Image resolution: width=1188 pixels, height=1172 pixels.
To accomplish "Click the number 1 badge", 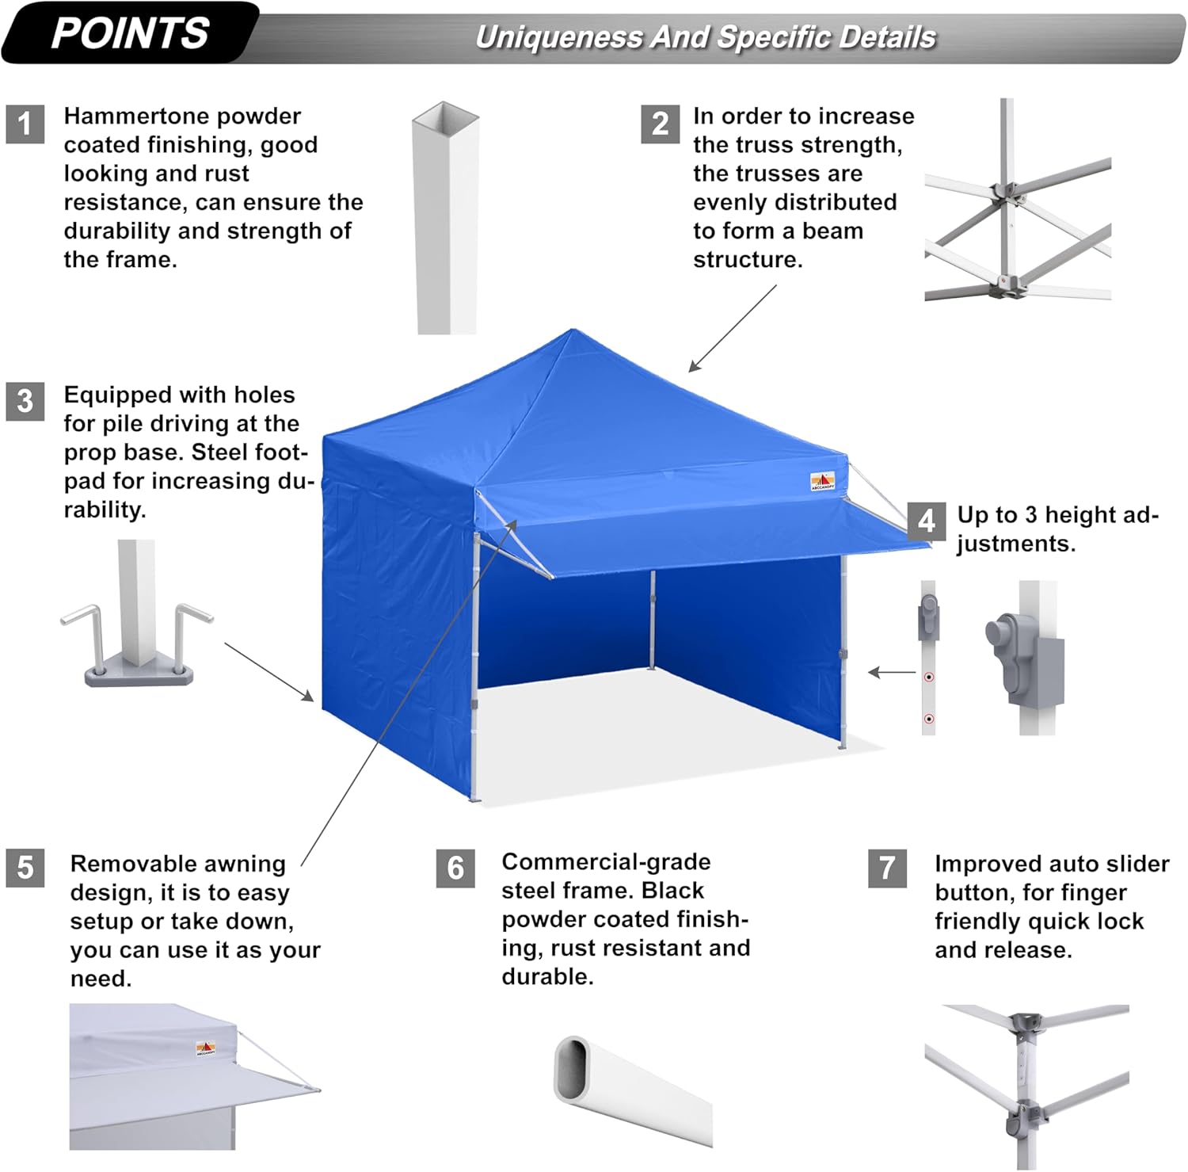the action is (25, 124).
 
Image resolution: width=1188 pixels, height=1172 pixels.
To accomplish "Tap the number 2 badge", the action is (660, 124).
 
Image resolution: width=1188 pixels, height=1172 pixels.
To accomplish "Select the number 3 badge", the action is (25, 401).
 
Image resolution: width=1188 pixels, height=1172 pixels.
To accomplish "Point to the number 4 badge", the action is (926, 521).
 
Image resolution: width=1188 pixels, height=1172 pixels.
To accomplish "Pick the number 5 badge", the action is (25, 867).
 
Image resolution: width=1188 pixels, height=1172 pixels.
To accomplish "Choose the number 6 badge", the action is (455, 869).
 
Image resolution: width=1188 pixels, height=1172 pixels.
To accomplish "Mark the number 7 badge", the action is (888, 869).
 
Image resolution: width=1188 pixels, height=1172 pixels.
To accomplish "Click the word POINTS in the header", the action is (130, 34).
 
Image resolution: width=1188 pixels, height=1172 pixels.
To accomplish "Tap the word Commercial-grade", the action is (606, 861).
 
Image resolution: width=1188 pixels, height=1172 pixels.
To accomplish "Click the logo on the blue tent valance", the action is (822, 481).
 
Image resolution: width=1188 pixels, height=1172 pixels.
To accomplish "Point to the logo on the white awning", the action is (206, 1048).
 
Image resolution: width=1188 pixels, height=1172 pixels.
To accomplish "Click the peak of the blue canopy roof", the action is (572, 330).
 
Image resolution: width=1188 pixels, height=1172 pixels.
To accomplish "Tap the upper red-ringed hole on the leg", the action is (929, 678).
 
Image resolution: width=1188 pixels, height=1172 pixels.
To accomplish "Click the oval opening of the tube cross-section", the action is (570, 1066).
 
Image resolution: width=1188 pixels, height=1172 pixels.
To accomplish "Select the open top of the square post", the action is (446, 113).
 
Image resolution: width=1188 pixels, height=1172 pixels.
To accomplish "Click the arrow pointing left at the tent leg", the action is (892, 673).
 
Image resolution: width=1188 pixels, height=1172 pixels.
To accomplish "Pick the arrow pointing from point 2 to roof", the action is (733, 328).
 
